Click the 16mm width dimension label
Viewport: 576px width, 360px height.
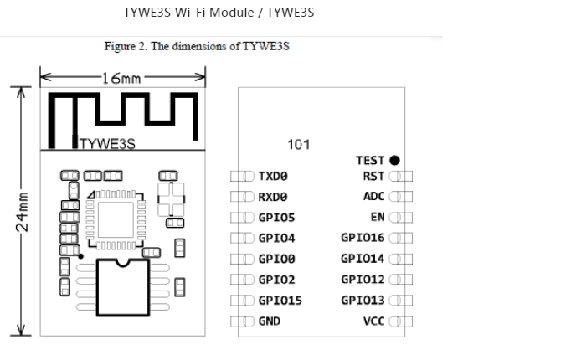[121, 78]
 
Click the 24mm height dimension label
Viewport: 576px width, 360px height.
[22, 212]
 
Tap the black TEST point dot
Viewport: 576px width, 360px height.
[394, 161]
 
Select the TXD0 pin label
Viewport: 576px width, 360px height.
[273, 177]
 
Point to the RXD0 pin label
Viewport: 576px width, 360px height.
[273, 197]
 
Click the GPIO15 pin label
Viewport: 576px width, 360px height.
[280, 301]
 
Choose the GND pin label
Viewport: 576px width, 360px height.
[270, 321]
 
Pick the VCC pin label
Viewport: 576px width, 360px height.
[374, 321]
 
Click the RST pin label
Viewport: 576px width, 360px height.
[374, 177]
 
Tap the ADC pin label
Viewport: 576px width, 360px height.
[374, 196]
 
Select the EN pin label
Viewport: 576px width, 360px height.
[378, 217]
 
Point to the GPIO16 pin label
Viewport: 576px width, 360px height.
[363, 238]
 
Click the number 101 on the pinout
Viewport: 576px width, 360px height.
[299, 145]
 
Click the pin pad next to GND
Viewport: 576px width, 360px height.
[242, 321]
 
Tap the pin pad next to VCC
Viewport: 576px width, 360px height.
[401, 321]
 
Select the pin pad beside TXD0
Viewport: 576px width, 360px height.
[242, 177]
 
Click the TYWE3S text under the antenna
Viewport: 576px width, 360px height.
[107, 144]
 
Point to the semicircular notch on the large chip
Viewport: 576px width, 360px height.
[123, 262]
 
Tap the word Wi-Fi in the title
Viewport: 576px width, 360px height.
[191, 13]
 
